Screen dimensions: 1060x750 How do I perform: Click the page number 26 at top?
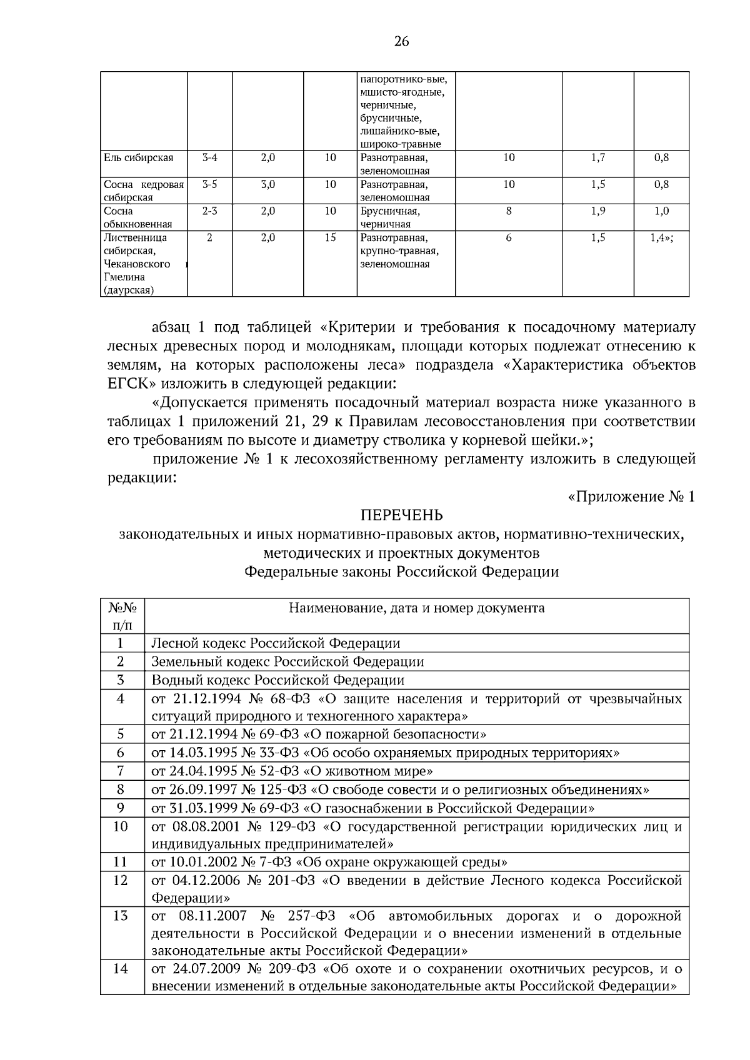(x=401, y=41)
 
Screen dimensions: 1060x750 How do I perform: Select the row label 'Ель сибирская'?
(x=138, y=158)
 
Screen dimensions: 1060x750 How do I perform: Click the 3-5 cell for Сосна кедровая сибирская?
(x=209, y=184)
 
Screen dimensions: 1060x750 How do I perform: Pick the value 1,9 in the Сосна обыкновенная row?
(x=598, y=211)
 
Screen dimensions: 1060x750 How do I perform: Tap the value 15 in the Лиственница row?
(x=330, y=237)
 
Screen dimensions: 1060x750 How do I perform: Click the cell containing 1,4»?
(x=661, y=237)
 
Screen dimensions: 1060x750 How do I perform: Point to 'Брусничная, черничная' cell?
(x=391, y=217)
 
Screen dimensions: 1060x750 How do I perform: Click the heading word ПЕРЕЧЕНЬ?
(x=401, y=515)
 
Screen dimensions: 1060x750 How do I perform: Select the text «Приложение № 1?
(x=631, y=497)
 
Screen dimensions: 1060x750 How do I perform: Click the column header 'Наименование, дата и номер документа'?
(x=416, y=608)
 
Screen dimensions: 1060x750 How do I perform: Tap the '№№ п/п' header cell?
(x=122, y=616)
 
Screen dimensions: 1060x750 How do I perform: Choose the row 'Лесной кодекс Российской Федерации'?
(x=276, y=643)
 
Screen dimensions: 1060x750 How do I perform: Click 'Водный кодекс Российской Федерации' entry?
(x=277, y=680)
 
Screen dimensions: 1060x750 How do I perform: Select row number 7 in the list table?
(x=121, y=771)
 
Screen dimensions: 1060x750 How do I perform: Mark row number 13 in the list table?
(x=121, y=916)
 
